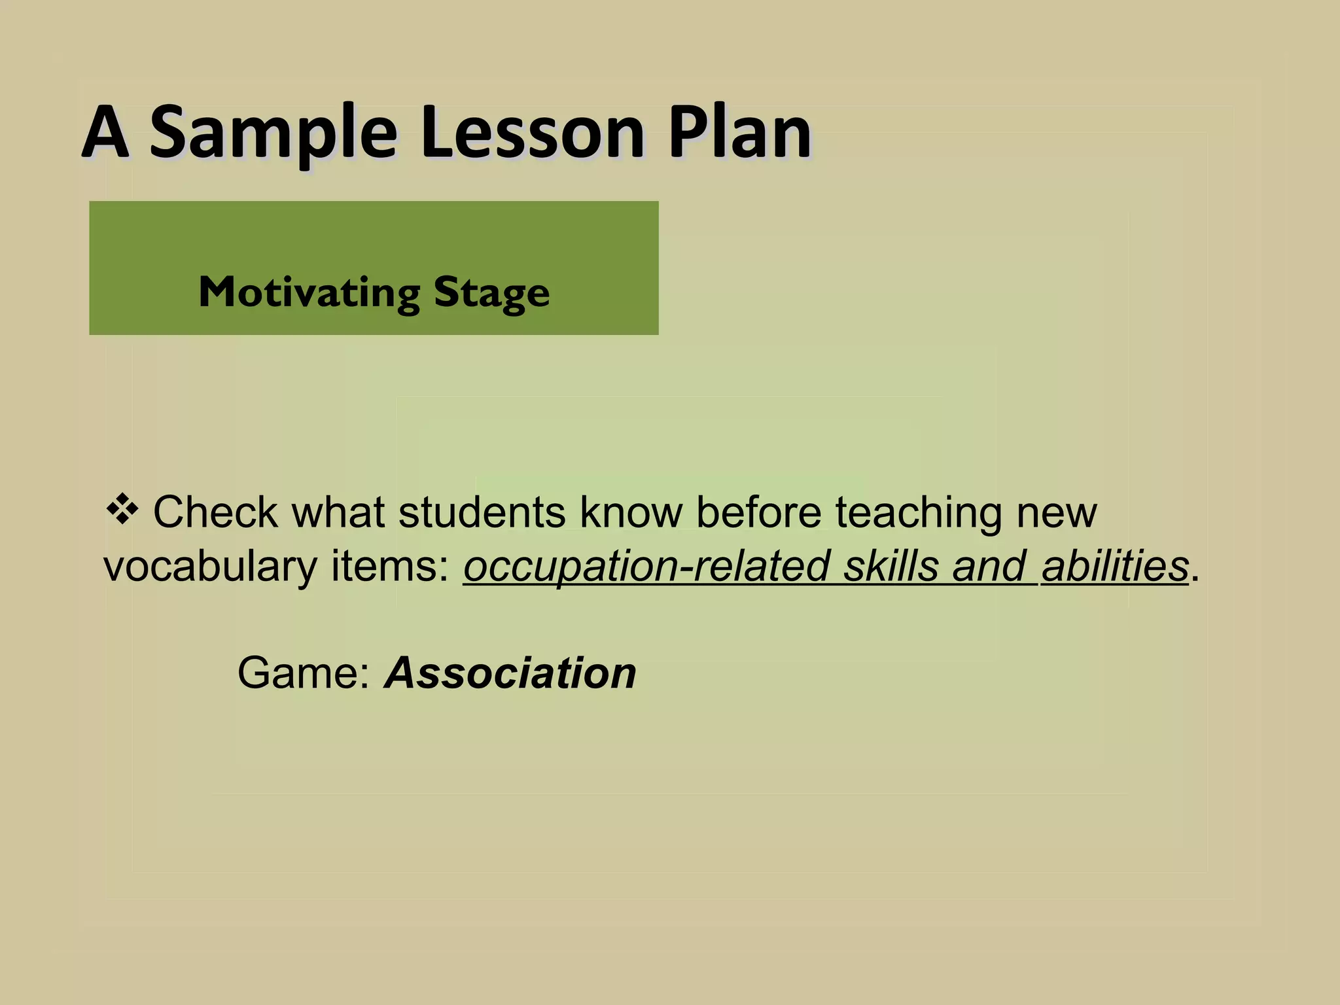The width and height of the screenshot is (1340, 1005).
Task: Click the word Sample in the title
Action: point(273,134)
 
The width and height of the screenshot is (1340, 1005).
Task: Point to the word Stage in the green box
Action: point(491,293)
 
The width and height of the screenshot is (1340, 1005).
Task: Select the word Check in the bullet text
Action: point(215,512)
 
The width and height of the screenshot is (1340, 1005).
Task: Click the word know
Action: point(631,512)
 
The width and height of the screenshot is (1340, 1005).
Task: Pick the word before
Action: point(758,512)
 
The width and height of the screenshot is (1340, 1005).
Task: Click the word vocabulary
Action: point(210,567)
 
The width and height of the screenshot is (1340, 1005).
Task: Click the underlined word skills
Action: point(890,567)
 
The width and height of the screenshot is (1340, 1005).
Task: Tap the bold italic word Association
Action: point(510,673)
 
